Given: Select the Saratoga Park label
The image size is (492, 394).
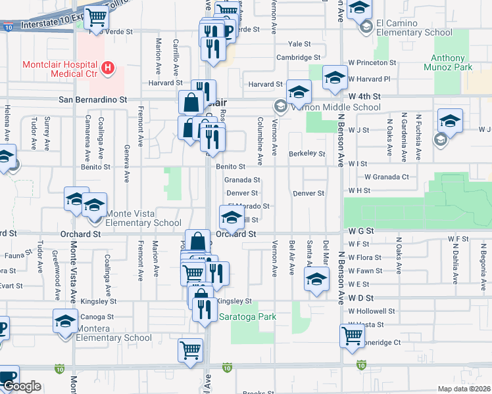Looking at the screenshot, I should tap(247, 317).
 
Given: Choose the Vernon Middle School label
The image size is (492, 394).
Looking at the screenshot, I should tap(335, 107).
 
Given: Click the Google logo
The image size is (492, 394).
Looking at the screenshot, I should tap(21, 386).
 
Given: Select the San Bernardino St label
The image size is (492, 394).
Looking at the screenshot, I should tap(93, 99).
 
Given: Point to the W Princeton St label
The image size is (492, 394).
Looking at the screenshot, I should tap(372, 63).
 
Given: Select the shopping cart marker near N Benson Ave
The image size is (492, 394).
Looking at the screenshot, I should tap(353, 336).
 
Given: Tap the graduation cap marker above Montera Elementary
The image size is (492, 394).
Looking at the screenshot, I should tap(66, 322).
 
